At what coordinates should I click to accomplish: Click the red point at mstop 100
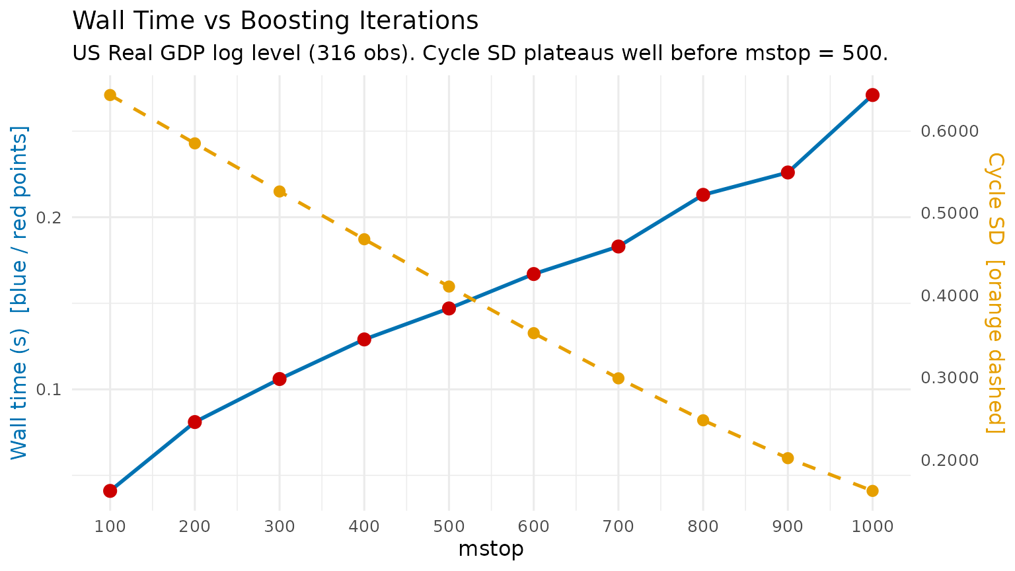click(x=110, y=490)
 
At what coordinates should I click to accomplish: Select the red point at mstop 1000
click(x=872, y=95)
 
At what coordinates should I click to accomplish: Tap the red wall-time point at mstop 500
click(x=449, y=308)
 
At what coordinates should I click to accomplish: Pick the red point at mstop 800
click(x=703, y=195)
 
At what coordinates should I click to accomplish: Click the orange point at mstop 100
click(x=110, y=95)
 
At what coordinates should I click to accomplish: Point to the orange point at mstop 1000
click(x=872, y=490)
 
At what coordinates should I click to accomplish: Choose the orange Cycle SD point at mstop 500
click(x=449, y=286)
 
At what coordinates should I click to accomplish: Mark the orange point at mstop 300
click(x=280, y=192)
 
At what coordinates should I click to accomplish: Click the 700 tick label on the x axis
click(x=619, y=527)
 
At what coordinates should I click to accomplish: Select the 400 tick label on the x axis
click(x=364, y=527)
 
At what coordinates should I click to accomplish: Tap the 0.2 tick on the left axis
click(x=49, y=217)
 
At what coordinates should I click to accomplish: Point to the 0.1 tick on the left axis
click(x=49, y=389)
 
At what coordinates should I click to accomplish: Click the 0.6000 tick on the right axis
click(x=949, y=131)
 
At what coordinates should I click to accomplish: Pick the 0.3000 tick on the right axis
click(x=949, y=378)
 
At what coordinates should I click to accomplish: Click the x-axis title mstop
click(x=491, y=549)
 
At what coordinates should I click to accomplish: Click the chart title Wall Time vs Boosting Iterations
click(x=275, y=21)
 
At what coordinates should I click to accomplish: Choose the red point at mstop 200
click(x=194, y=422)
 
